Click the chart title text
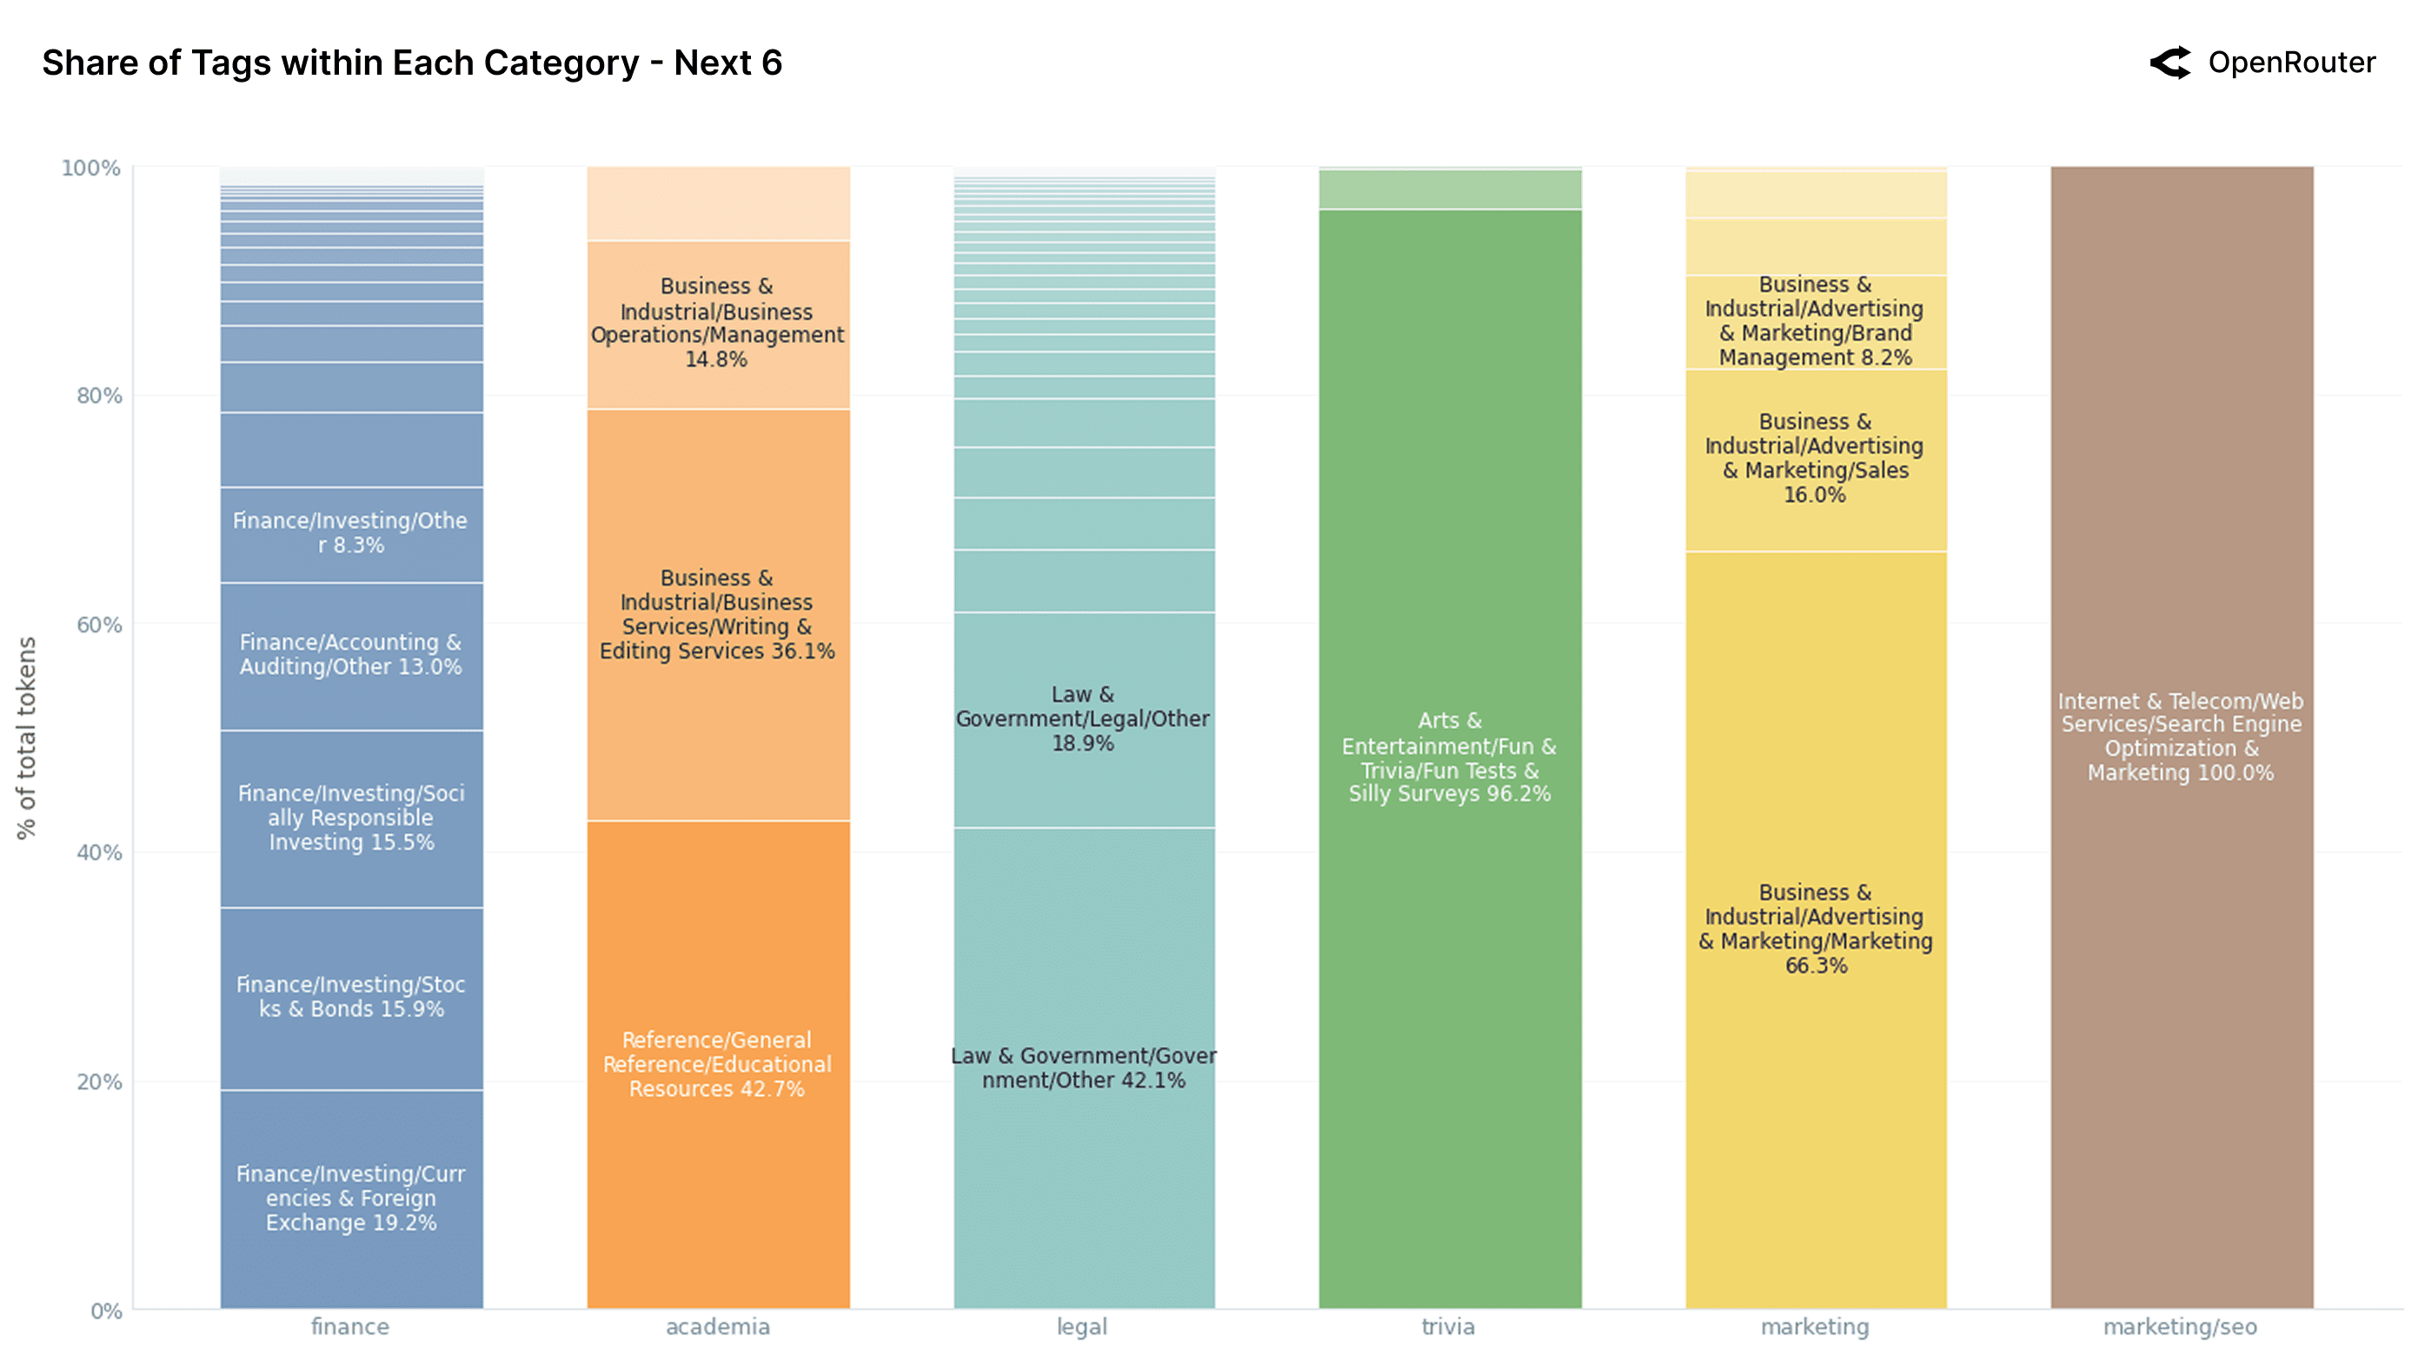[411, 63]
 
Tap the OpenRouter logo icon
[2169, 63]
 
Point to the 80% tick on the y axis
[98, 395]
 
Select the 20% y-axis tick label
[98, 1081]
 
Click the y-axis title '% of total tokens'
[26, 738]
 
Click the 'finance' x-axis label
[350, 1326]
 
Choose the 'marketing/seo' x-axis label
[2180, 1326]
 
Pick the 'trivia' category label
[1448, 1326]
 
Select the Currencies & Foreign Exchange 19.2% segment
[351, 1197]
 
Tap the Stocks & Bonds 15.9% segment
[351, 996]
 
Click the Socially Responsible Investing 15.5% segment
[351, 818]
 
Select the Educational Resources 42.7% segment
[717, 1064]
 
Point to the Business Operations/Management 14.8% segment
[717, 322]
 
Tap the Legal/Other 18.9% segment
[1083, 718]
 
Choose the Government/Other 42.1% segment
[1083, 1068]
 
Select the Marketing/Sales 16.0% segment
[1816, 459]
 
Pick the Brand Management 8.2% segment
[1816, 321]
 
